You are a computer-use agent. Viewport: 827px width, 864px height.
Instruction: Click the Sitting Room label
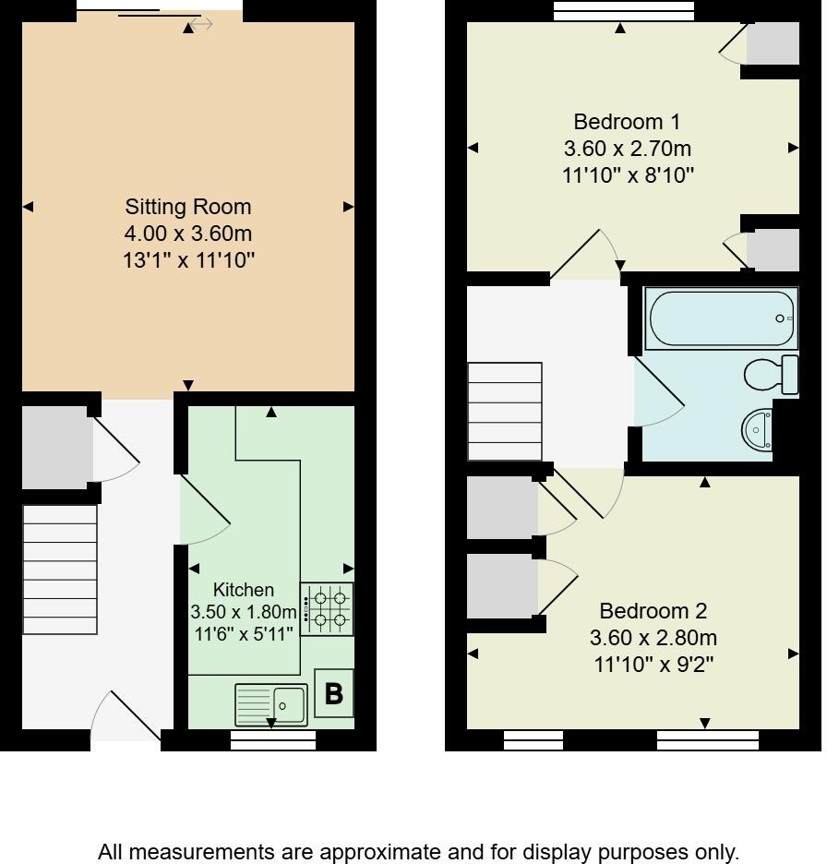pyautogui.click(x=188, y=207)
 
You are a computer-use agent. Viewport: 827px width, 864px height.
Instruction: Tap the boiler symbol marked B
pyautogui.click(x=333, y=693)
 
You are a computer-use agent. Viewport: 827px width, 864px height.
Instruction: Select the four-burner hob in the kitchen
pyautogui.click(x=328, y=609)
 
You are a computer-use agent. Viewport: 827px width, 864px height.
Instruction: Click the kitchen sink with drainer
pyautogui.click(x=270, y=705)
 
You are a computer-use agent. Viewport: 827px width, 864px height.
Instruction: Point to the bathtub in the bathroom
pyautogui.click(x=721, y=318)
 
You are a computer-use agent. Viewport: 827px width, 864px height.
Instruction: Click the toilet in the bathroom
pyautogui.click(x=770, y=374)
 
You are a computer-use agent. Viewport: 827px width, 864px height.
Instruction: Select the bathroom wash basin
pyautogui.click(x=759, y=429)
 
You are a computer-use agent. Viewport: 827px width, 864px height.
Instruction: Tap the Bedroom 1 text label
pyautogui.click(x=627, y=122)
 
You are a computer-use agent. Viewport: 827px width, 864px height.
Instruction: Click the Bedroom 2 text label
pyautogui.click(x=653, y=611)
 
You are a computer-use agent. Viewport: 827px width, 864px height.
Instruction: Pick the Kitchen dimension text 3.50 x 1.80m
pyautogui.click(x=244, y=612)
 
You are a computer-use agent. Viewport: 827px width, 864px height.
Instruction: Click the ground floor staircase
pyautogui.click(x=59, y=569)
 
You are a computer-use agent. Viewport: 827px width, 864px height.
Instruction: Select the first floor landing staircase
pyautogui.click(x=505, y=411)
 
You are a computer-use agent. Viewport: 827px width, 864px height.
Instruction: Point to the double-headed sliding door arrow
pyautogui.click(x=201, y=24)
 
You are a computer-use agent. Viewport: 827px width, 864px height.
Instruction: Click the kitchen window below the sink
pyautogui.click(x=272, y=739)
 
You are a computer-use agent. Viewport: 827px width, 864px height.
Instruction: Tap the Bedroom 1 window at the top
pyautogui.click(x=624, y=10)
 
